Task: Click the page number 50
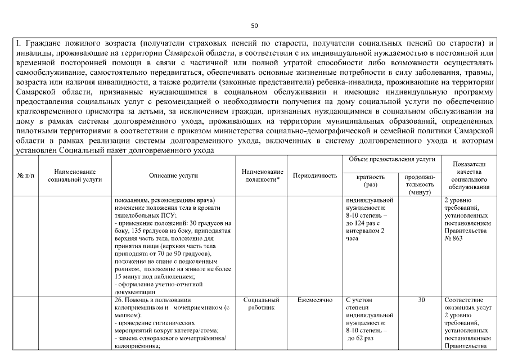[254, 26]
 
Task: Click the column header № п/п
[25, 175]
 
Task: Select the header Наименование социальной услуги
[75, 175]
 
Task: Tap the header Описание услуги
[173, 175]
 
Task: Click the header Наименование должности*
[262, 175]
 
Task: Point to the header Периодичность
[315, 175]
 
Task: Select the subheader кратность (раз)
[371, 181]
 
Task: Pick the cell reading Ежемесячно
[315, 300]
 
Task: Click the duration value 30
[421, 300]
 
